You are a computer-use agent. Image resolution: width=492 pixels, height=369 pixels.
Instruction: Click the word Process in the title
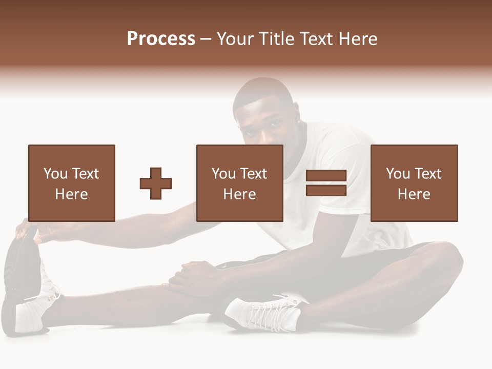161,39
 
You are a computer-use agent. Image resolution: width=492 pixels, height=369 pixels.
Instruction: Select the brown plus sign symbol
156,183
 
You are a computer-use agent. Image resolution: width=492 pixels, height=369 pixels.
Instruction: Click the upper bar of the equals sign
326,175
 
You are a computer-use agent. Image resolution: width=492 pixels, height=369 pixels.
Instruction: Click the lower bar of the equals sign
326,191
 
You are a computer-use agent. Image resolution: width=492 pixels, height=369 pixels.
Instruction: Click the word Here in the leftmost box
71,194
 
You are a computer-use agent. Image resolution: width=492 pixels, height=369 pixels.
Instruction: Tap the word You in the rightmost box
398,174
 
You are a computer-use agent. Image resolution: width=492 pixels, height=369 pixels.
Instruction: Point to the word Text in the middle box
254,174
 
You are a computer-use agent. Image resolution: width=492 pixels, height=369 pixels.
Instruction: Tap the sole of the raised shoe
20,272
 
